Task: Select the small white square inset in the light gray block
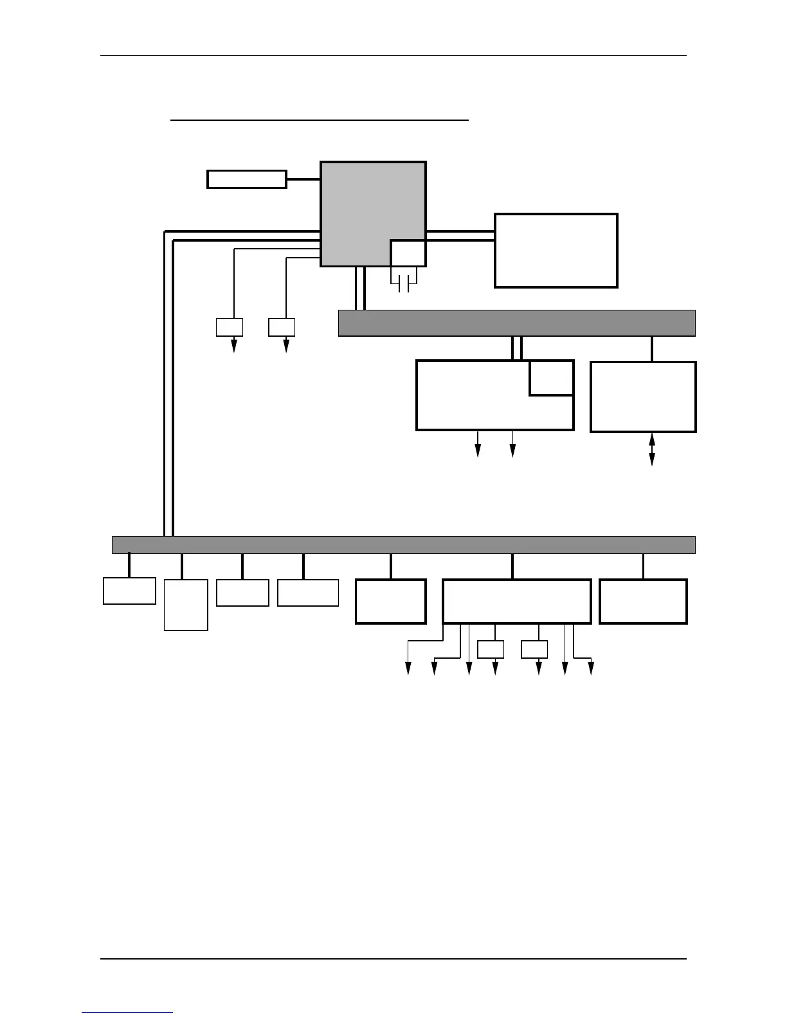click(x=408, y=253)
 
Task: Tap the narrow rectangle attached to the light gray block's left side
click(x=246, y=179)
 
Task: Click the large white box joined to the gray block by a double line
click(x=556, y=251)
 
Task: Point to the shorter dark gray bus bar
click(x=516, y=323)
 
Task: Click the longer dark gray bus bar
click(x=403, y=544)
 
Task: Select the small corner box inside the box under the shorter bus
click(x=552, y=378)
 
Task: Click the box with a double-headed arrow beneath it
click(x=643, y=397)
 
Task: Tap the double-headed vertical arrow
click(x=652, y=449)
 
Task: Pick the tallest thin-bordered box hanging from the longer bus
click(x=186, y=605)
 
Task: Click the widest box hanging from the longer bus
click(x=516, y=602)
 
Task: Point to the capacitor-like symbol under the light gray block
click(x=404, y=283)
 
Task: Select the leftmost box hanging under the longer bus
click(x=129, y=591)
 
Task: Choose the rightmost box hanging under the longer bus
click(x=643, y=602)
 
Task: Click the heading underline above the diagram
click(x=320, y=120)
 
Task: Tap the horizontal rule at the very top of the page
click(x=394, y=56)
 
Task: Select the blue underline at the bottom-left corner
click(x=127, y=1012)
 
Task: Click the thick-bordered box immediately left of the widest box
click(x=391, y=602)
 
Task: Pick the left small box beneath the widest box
click(x=491, y=650)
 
